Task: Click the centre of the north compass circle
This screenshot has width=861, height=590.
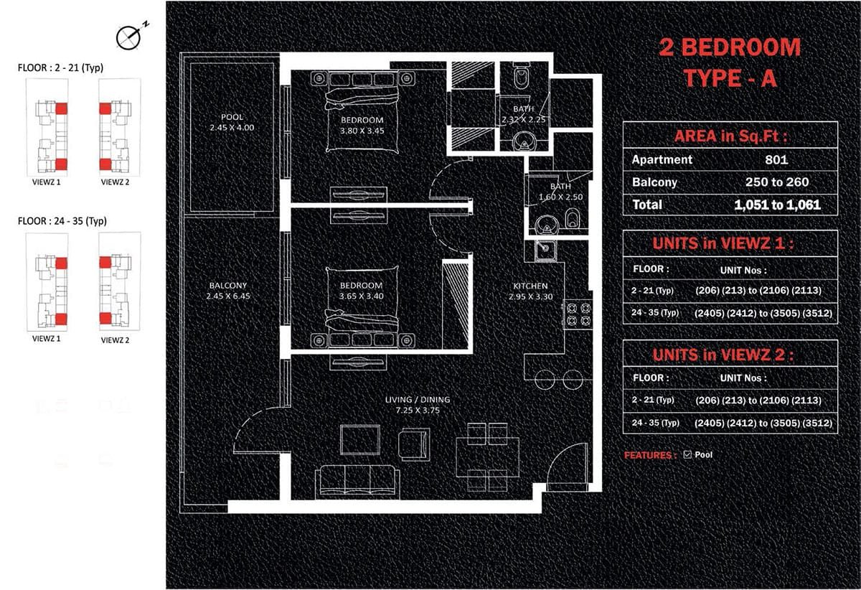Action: click(x=128, y=39)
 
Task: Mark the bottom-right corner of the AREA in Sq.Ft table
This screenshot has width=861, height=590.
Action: click(x=837, y=215)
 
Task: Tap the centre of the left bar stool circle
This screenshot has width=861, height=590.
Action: click(x=545, y=380)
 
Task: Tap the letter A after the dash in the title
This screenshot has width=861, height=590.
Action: click(x=768, y=78)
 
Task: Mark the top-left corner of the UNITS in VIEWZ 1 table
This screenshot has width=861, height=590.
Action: click(x=623, y=230)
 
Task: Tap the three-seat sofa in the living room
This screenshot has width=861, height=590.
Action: click(x=357, y=482)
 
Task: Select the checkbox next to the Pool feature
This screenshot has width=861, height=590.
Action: click(x=687, y=454)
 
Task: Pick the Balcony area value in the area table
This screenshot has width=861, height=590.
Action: click(x=777, y=182)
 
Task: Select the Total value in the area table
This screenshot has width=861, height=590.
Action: click(x=777, y=205)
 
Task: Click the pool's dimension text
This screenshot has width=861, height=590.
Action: click(x=232, y=128)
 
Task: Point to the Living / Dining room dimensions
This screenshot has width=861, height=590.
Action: click(x=418, y=410)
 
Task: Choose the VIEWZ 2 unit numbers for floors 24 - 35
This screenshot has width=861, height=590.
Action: click(x=763, y=423)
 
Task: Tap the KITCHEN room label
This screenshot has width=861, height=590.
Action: click(x=530, y=286)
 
